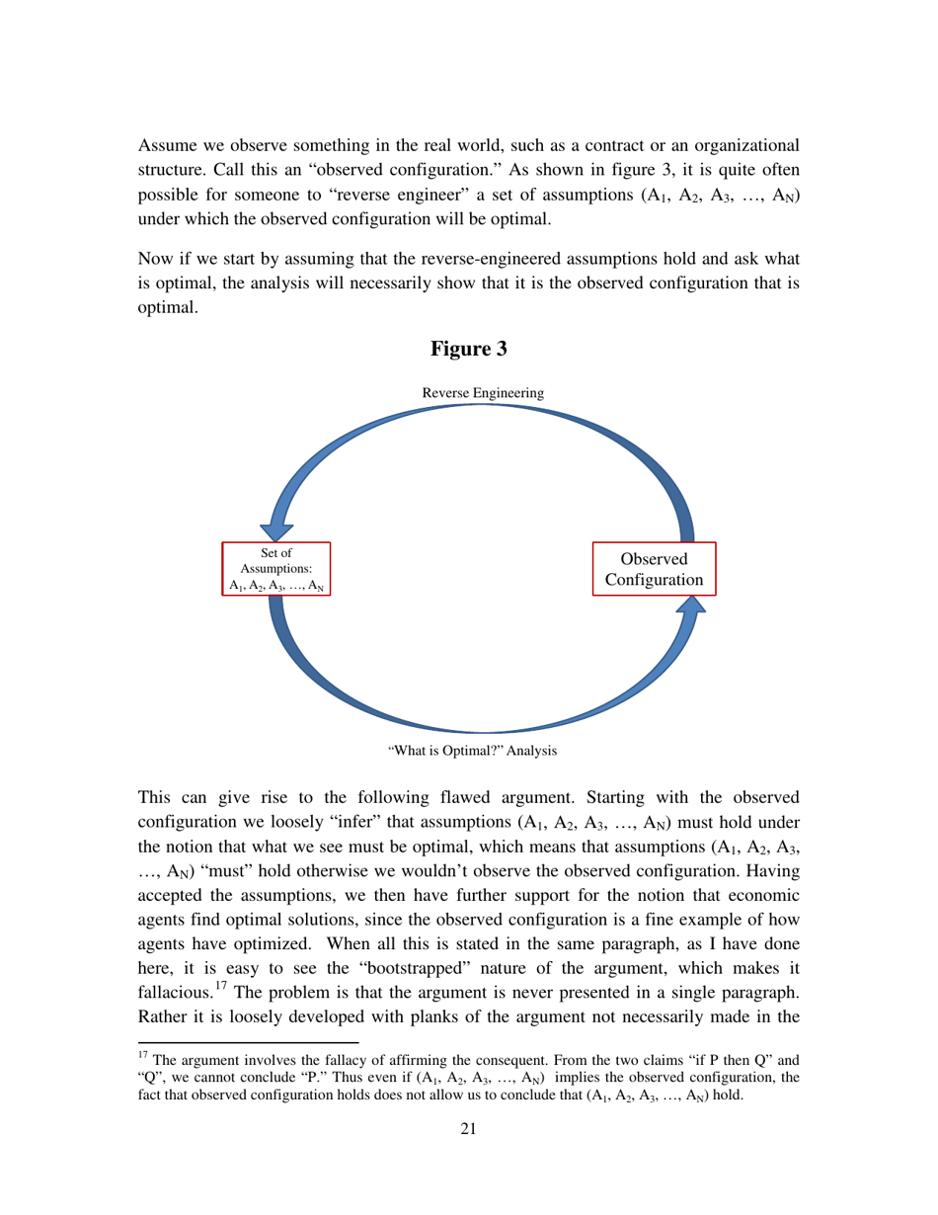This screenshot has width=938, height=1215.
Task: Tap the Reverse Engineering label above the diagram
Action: coord(482,392)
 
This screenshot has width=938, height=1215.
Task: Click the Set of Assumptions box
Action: coord(275,569)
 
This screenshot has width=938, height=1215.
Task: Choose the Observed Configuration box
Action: coord(653,569)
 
